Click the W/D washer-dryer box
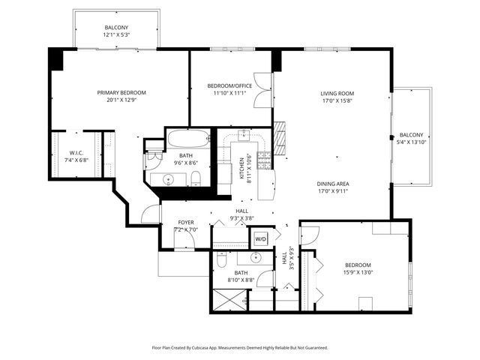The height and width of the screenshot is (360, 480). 261,238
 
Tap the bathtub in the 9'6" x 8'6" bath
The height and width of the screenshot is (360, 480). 187,139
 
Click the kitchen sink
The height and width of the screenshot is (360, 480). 244,135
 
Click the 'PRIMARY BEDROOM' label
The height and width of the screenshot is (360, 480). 121,93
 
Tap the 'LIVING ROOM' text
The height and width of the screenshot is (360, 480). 337,94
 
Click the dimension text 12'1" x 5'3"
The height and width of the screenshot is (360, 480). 117,34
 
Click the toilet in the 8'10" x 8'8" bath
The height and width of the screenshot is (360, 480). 223,259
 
